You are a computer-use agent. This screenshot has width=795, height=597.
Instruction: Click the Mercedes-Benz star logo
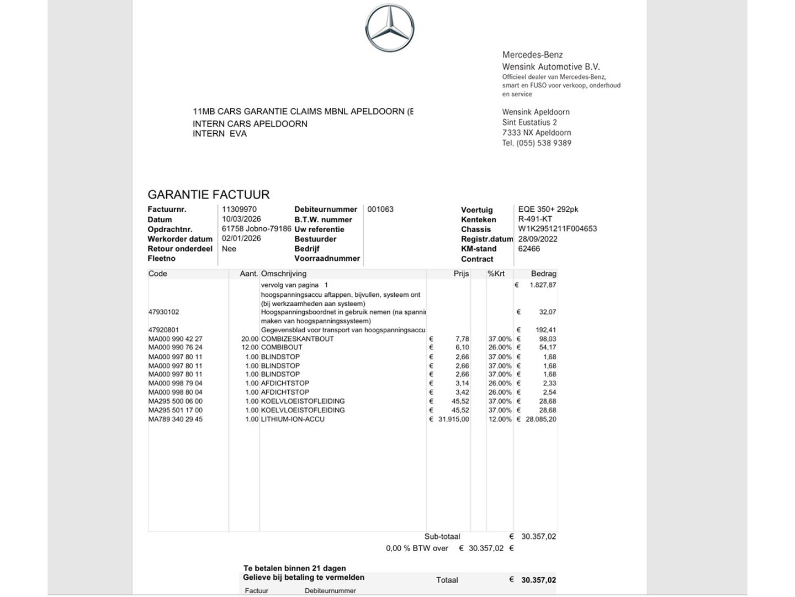tap(389, 28)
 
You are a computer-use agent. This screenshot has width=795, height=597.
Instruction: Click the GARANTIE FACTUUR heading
tap(209, 195)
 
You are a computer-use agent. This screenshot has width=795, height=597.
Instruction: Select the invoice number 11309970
tap(239, 210)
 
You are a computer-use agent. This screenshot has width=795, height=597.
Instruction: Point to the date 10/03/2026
tap(241, 219)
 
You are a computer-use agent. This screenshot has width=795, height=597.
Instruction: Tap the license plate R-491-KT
tap(535, 219)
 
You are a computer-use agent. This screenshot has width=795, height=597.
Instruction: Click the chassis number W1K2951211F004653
tap(557, 229)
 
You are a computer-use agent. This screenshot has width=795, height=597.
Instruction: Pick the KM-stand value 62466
tap(529, 249)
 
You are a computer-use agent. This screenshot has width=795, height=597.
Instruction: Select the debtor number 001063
tap(380, 210)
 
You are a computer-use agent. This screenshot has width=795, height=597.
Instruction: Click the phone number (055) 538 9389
tap(544, 143)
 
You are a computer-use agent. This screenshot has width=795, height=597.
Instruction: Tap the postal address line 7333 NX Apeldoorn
tap(537, 133)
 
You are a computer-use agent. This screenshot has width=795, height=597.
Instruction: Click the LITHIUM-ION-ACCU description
tap(293, 420)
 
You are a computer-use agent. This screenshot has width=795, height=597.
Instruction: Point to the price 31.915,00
tap(453, 420)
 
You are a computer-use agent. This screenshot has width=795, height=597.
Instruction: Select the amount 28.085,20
tap(540, 420)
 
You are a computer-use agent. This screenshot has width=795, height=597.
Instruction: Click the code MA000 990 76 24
tap(176, 348)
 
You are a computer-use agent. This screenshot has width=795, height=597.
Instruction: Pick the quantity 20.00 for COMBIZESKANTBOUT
tap(250, 339)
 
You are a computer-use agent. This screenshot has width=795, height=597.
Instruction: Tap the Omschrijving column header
tap(283, 274)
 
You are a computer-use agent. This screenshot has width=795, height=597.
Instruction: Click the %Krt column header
tap(496, 274)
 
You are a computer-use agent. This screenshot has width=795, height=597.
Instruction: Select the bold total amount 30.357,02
tap(538, 580)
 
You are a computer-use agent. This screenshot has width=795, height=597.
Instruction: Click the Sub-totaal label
tap(442, 537)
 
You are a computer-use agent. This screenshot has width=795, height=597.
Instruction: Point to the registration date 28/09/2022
tap(538, 239)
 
